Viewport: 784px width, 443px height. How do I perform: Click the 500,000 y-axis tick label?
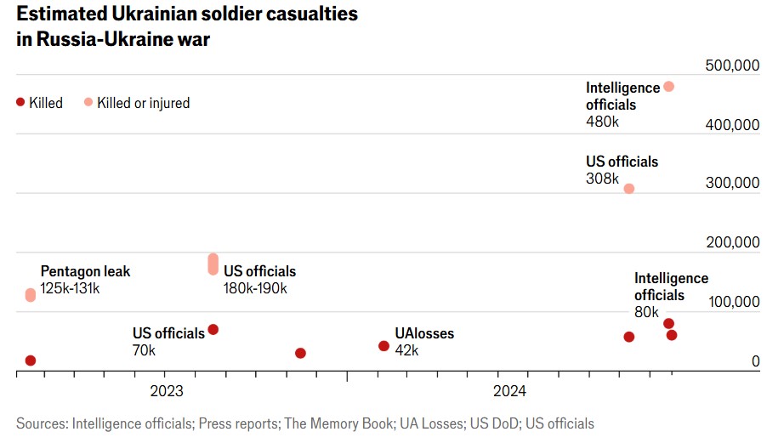click(x=732, y=67)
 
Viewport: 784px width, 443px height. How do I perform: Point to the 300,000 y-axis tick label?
click(x=732, y=183)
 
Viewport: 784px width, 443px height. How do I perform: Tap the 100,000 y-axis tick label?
click(x=732, y=302)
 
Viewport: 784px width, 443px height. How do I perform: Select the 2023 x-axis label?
click(x=167, y=391)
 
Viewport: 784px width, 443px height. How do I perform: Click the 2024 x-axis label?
click(x=510, y=391)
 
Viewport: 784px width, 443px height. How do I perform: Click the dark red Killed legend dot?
click(x=20, y=102)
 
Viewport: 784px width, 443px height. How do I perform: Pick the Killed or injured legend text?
click(x=143, y=103)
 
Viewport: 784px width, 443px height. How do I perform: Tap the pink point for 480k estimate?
click(x=668, y=87)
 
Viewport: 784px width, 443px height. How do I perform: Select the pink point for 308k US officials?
click(x=629, y=189)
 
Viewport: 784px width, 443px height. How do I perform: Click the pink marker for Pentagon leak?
click(x=31, y=295)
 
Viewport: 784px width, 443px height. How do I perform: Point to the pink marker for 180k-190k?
click(x=213, y=264)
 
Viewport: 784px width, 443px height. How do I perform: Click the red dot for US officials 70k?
click(x=213, y=330)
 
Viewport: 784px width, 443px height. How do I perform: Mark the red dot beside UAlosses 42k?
click(x=383, y=346)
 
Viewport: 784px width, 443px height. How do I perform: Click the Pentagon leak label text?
click(x=85, y=272)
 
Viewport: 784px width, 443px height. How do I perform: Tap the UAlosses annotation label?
click(x=424, y=333)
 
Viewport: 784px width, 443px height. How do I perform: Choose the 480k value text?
click(x=603, y=122)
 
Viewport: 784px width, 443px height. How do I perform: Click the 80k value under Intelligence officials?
click(x=646, y=313)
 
